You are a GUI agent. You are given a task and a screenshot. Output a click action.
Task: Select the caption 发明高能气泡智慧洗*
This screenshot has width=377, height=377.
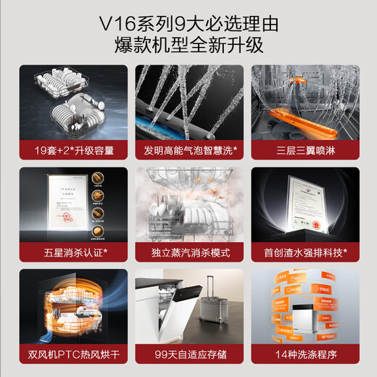[x=188, y=152]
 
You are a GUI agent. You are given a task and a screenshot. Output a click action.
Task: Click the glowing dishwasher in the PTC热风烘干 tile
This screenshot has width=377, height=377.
[x=70, y=307]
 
